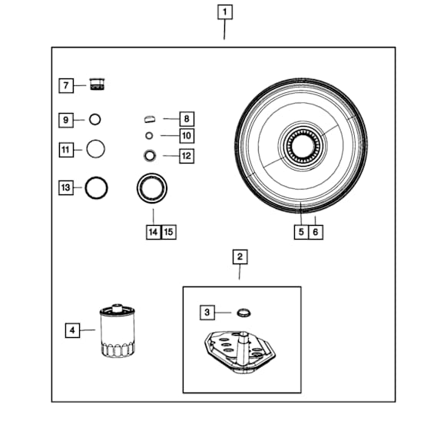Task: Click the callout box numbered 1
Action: (x=225, y=12)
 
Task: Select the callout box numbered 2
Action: (x=240, y=257)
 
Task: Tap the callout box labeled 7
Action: (x=66, y=85)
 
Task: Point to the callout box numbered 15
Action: (x=169, y=232)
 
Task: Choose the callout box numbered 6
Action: (x=316, y=232)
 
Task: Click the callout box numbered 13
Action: (x=66, y=187)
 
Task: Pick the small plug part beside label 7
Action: (x=98, y=84)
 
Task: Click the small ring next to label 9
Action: (x=95, y=120)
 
